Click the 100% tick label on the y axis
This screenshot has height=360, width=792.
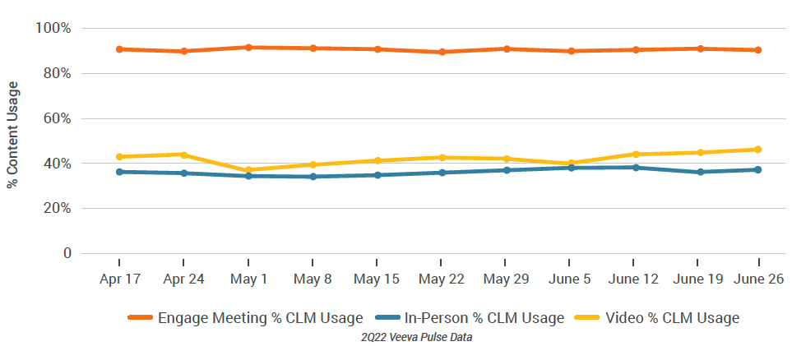pos(53,29)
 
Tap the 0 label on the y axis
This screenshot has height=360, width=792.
pos(66,253)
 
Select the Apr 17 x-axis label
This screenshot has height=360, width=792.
pos(119,279)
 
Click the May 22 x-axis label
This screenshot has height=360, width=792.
pos(442,279)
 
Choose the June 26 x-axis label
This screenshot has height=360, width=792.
pos(758,279)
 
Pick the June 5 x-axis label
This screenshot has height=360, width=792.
pos(570,279)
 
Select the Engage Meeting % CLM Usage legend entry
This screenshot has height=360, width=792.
pos(245,318)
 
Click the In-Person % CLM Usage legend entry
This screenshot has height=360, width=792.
pos(469,318)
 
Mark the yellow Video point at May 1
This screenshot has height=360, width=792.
pos(248,170)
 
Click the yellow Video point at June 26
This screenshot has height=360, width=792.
pos(757,150)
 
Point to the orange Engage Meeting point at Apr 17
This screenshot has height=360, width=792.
pos(119,49)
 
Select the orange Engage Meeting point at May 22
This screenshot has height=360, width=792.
pos(442,52)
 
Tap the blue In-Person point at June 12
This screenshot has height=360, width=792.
pos(635,168)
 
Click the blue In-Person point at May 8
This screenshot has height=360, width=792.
pos(313,177)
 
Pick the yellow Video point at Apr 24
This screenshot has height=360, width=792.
pos(183,155)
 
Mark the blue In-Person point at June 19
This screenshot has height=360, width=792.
pos(700,172)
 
